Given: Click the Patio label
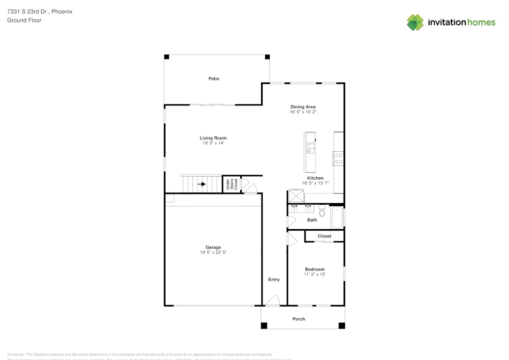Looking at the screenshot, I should tap(214, 78).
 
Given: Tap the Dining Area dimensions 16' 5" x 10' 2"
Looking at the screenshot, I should tap(303, 112).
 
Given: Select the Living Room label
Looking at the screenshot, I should tap(213, 138).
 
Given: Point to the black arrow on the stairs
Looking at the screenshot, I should tap(202, 184).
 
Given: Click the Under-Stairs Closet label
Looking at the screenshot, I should tap(231, 184).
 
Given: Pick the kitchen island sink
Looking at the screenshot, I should tap(310, 148).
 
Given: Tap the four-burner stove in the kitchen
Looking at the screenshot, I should tap(338, 158).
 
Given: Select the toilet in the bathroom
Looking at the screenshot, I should tap(321, 210).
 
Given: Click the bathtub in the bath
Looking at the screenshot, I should tap(336, 217).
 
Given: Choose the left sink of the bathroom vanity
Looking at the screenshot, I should tap(294, 209).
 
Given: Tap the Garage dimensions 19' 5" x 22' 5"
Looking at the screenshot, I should tap(213, 253).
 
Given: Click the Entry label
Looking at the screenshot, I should tap(274, 280).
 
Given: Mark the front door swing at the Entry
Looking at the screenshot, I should tap(273, 300).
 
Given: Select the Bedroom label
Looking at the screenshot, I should tap(315, 269).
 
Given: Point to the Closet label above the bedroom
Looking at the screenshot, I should tap(324, 236).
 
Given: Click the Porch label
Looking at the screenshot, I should tap(299, 319).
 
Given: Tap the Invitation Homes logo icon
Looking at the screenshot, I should tap(415, 22).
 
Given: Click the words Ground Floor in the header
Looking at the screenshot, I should tap(24, 20).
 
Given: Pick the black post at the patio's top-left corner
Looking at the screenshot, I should tap(166, 57).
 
